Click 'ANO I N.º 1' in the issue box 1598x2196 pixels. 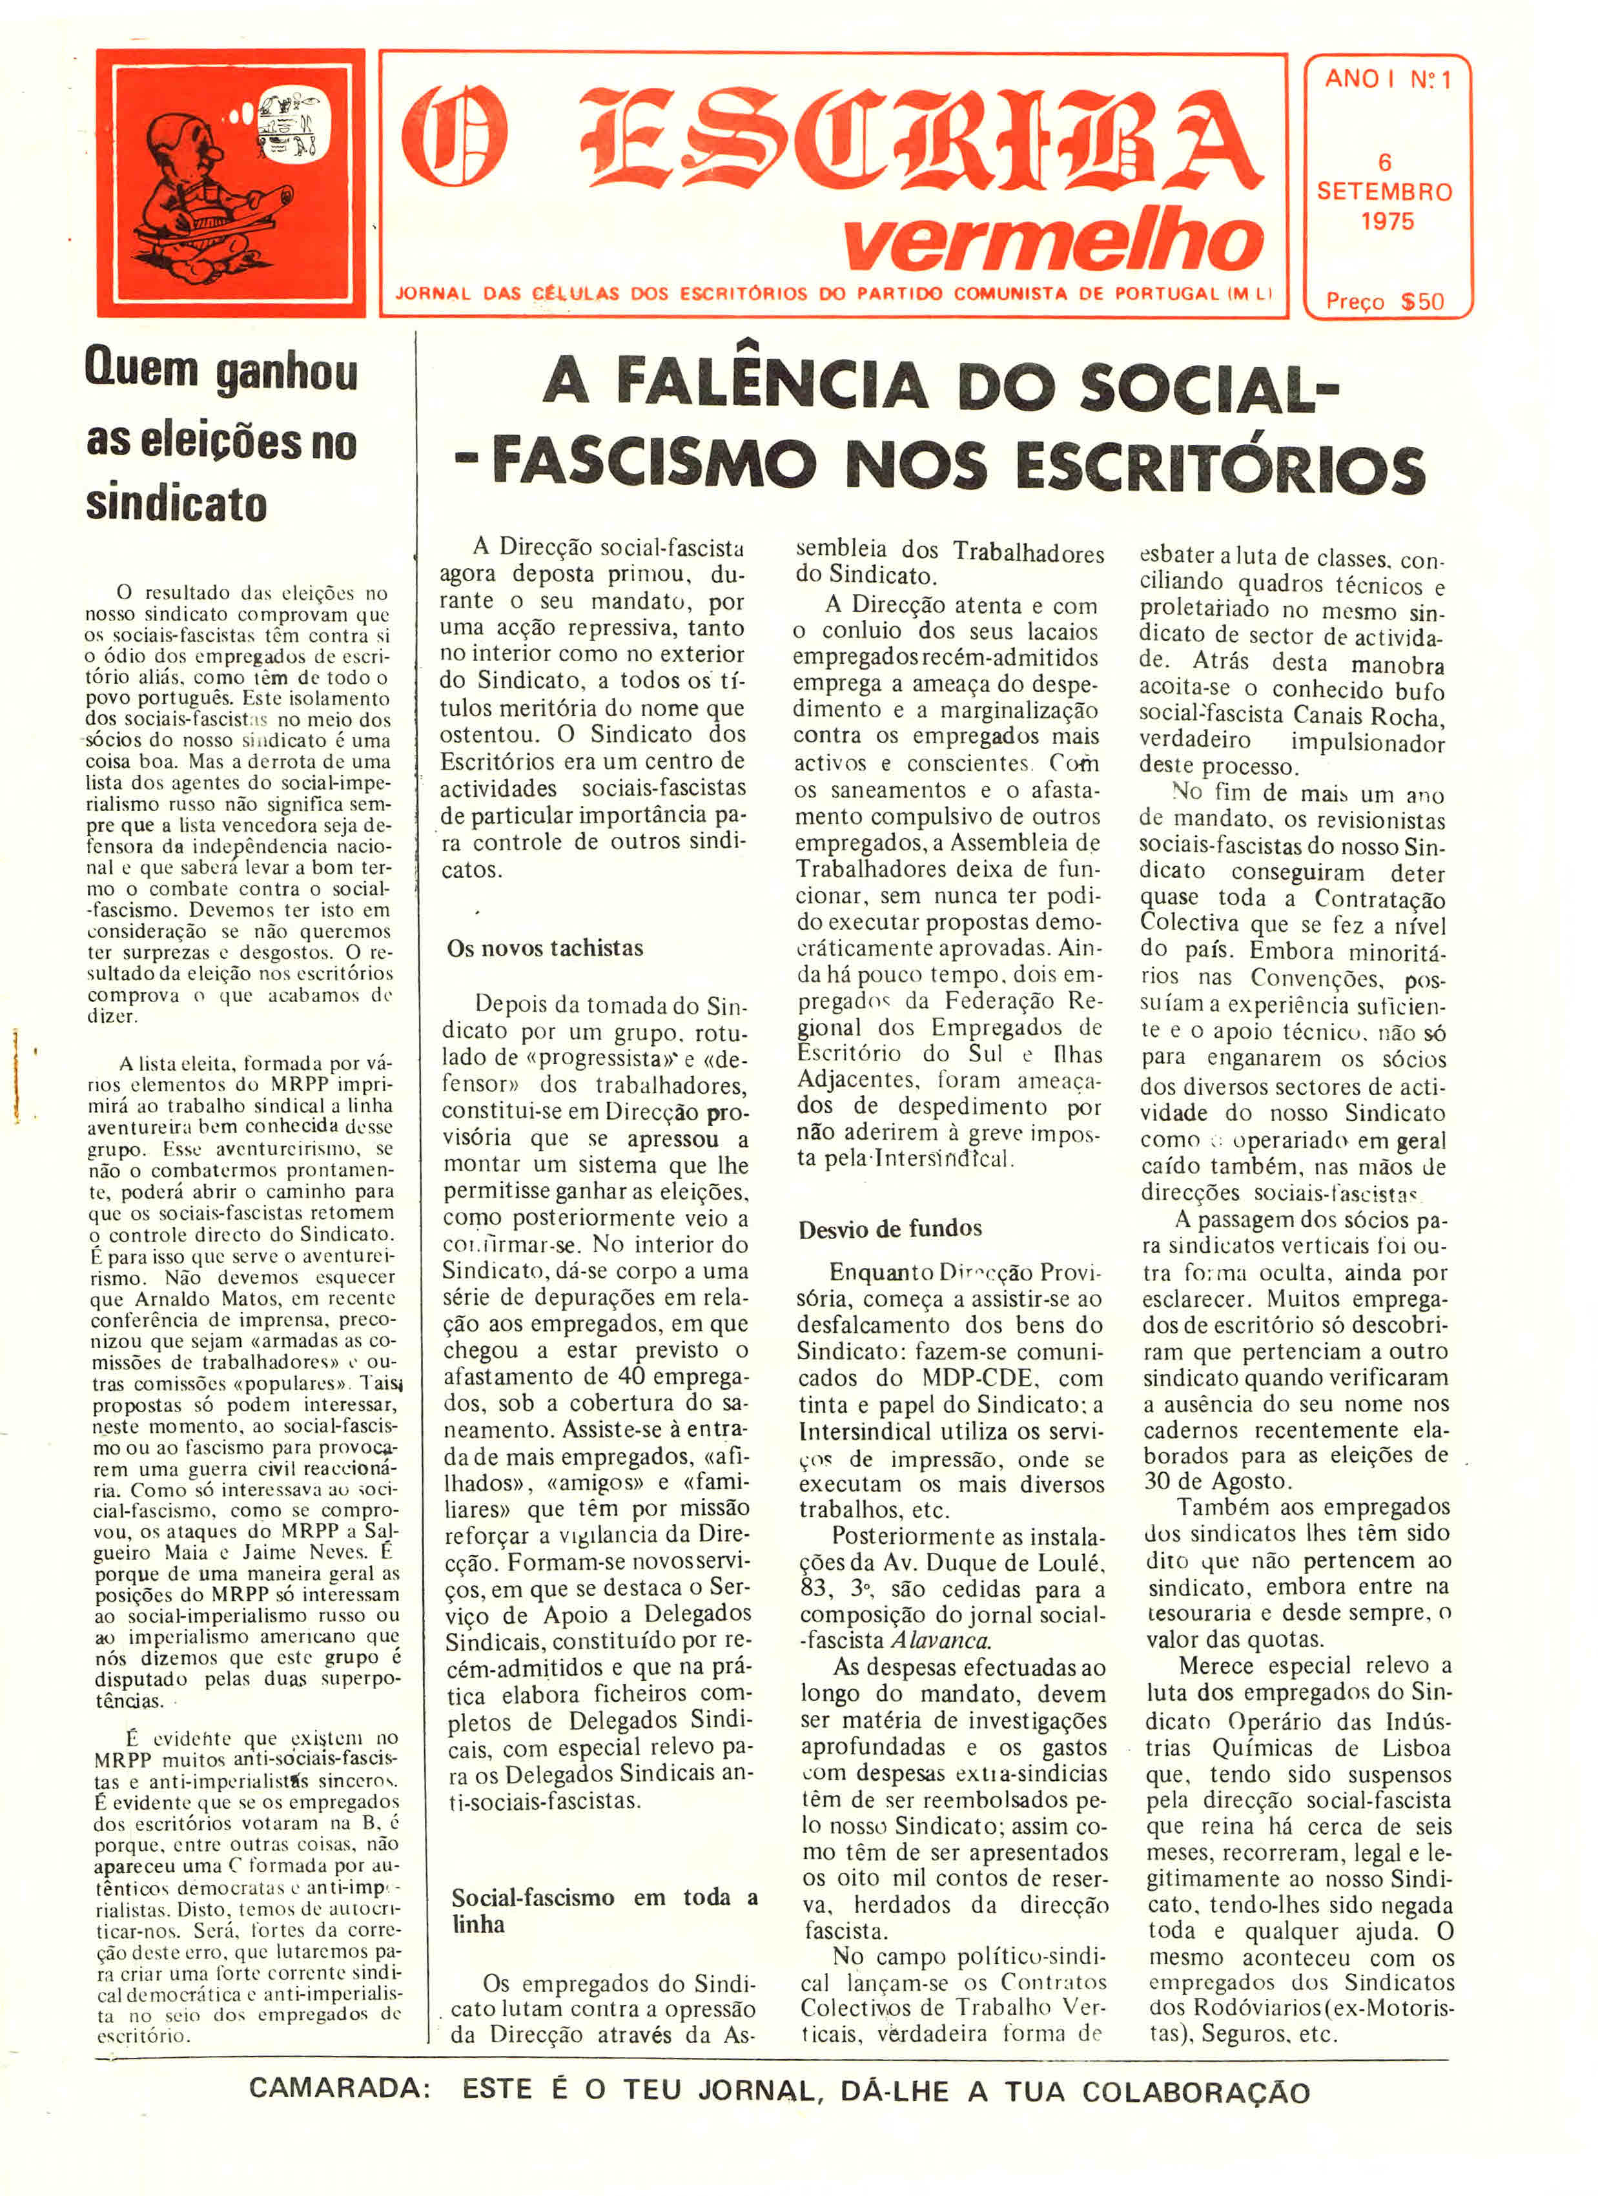tap(1387, 80)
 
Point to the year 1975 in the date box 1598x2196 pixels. tap(1387, 221)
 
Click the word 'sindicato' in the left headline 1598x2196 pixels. tap(176, 504)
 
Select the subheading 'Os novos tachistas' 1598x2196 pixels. tap(544, 948)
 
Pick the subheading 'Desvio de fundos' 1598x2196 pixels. tap(890, 1229)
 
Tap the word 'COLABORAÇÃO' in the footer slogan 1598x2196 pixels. tap(1195, 2091)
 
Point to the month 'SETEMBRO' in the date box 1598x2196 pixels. tap(1384, 192)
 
